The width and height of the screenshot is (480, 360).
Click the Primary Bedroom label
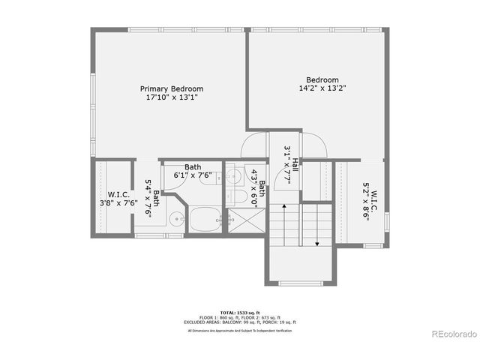[x=175, y=88]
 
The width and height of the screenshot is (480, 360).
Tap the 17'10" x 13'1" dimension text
[x=175, y=97]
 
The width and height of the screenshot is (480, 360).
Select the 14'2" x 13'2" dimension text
[x=322, y=88]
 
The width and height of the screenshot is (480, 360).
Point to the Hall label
[x=295, y=163]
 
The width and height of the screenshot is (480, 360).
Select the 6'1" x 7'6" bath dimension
[x=193, y=175]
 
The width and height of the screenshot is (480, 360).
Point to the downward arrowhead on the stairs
[x=317, y=242]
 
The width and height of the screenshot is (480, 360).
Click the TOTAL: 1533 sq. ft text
[x=240, y=310]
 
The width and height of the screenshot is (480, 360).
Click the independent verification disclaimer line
[x=240, y=330]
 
